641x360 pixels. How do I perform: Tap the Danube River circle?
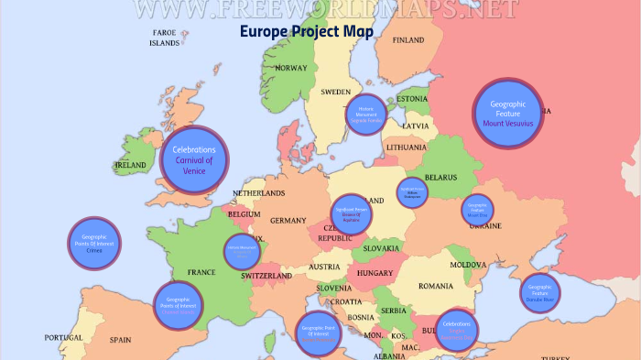tap(540, 293)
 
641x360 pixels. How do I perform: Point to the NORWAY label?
tap(291, 68)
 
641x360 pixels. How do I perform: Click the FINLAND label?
tap(407, 40)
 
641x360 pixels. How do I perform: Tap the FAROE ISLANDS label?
tap(165, 37)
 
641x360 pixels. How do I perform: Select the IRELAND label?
tap(130, 166)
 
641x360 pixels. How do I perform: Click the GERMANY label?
tap(288, 221)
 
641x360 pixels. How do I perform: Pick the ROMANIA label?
tap(436, 286)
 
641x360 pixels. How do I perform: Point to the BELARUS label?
tap(440, 177)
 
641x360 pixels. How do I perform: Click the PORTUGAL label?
tap(64, 338)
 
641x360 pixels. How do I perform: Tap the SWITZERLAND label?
tap(266, 276)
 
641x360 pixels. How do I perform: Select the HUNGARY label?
tap(375, 273)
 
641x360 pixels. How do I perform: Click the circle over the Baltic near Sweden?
tap(367, 114)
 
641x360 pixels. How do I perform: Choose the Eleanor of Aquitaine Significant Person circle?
tap(352, 215)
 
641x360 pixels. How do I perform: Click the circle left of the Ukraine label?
tap(476, 210)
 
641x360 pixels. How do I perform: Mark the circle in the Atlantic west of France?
tap(95, 243)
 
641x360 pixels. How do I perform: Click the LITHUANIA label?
tap(406, 147)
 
